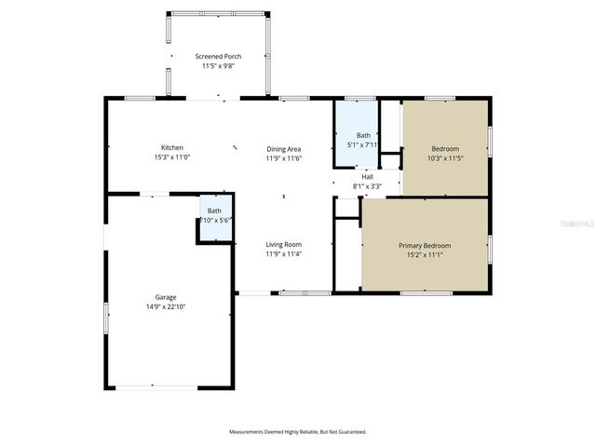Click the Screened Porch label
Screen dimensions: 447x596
click(x=218, y=57)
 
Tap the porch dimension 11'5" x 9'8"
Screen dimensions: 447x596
click(x=218, y=66)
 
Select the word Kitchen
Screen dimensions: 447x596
click(x=171, y=148)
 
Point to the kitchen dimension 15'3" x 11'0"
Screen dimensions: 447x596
click(x=171, y=157)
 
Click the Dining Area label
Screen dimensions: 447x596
click(x=284, y=149)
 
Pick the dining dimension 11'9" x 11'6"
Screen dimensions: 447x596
click(x=284, y=158)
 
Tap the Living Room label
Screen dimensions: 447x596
click(x=284, y=244)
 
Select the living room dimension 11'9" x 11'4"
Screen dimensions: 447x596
click(x=284, y=253)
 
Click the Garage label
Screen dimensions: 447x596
click(x=166, y=297)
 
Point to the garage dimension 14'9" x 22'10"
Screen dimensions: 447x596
click(x=166, y=306)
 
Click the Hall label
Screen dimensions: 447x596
click(x=367, y=176)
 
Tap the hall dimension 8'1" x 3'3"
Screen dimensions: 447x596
click(x=367, y=185)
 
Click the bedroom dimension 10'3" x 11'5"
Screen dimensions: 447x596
click(x=444, y=158)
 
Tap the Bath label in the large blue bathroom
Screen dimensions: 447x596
click(x=363, y=136)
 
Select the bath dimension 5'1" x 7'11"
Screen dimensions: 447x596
click(x=363, y=145)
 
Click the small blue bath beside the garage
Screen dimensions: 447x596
click(x=214, y=216)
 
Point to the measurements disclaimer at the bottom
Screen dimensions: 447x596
click(x=298, y=432)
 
